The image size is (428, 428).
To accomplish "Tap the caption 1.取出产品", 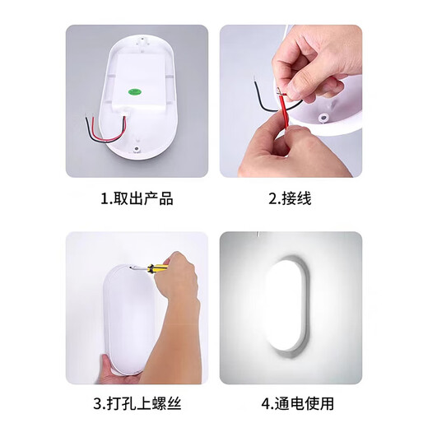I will click(137, 199).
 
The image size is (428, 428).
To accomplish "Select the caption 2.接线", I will click(290, 199).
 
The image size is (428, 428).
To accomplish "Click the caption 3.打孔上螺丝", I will click(137, 404).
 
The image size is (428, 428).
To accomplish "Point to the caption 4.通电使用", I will click(290, 404).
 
